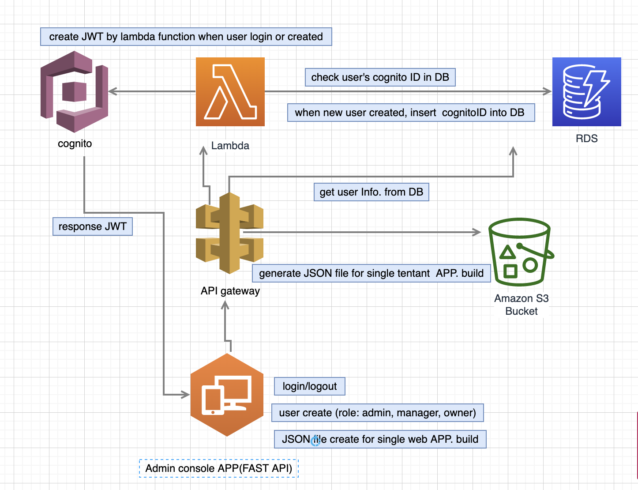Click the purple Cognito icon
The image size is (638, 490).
click(74, 91)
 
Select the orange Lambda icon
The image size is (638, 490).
click(230, 92)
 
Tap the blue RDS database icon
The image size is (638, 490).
click(586, 92)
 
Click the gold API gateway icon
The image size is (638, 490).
click(229, 233)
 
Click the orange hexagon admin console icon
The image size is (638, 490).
click(227, 395)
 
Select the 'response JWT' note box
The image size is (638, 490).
click(92, 226)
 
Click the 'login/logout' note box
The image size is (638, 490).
click(309, 386)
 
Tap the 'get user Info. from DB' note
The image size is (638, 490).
click(371, 192)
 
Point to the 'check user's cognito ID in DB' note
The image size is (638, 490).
click(380, 77)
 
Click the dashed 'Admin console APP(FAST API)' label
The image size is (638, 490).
click(219, 468)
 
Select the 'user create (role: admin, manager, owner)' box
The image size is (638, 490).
click(377, 413)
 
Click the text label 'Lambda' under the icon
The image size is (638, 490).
click(230, 146)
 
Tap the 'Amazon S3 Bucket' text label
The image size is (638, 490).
click(521, 305)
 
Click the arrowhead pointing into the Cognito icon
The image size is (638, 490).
click(112, 91)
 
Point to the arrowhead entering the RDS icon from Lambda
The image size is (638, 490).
click(548, 91)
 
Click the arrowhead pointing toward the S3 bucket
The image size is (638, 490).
click(477, 232)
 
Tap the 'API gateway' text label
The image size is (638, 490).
click(230, 291)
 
